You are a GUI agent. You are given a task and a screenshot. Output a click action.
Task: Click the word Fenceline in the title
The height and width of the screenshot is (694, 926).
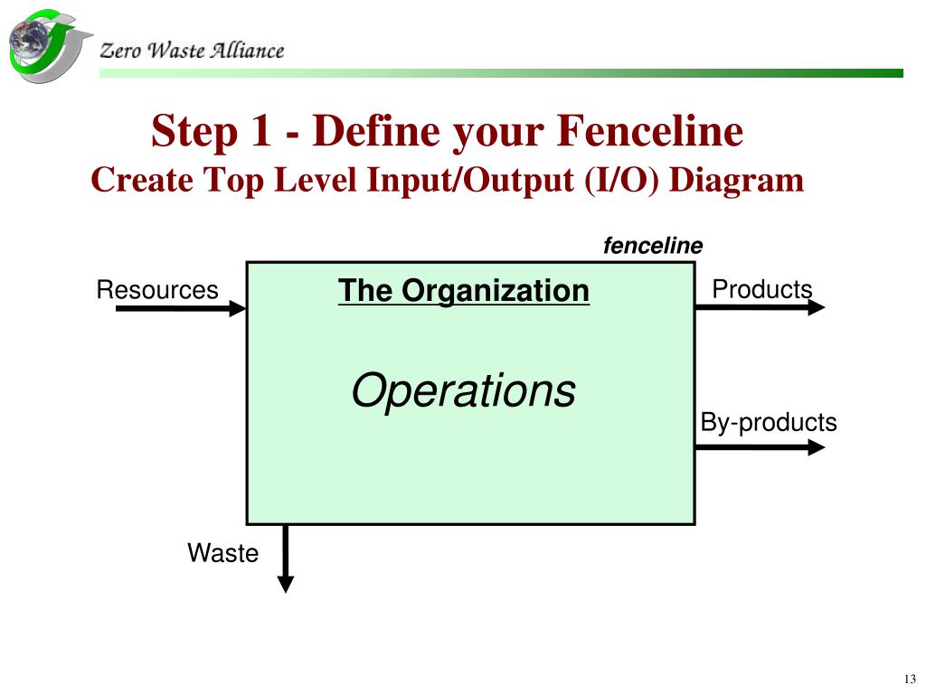coord(649,132)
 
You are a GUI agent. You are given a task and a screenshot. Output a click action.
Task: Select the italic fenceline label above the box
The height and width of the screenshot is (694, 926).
coord(653,246)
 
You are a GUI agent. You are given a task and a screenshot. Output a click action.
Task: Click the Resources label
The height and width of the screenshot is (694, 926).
coord(157,290)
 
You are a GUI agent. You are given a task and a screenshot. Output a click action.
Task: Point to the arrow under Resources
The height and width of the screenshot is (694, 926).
coord(181,309)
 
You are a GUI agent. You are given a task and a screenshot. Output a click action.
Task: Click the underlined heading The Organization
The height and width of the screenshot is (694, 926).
coord(463,291)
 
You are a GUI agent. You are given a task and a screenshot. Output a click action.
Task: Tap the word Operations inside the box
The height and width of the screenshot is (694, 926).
coord(463,391)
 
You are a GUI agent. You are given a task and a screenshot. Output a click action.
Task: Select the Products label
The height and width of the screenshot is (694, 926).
coord(761,289)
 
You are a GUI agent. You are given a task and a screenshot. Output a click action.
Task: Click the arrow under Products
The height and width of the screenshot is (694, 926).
coord(760,308)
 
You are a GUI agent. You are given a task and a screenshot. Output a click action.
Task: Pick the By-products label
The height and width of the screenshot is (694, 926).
coord(769,422)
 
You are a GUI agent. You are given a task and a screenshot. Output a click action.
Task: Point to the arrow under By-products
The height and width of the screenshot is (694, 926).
coord(760,446)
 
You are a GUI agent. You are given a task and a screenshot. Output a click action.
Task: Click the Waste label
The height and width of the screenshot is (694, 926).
coord(222,553)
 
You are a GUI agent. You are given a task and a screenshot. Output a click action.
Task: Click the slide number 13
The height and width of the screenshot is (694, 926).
coord(909,680)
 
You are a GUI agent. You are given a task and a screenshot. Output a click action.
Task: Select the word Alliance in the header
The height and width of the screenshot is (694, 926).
coord(247,51)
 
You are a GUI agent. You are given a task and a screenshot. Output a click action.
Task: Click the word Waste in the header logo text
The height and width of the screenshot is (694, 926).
coord(175,51)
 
